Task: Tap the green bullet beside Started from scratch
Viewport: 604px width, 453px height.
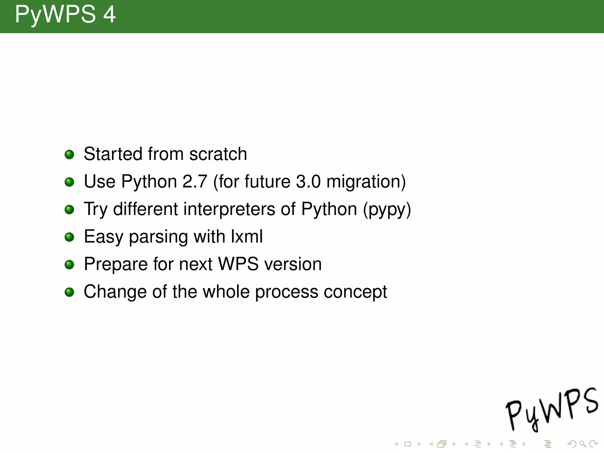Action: click(69, 154)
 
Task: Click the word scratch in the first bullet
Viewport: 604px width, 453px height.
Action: click(218, 154)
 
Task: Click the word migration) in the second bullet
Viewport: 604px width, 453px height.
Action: click(366, 182)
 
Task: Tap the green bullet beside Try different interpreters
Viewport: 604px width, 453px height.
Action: click(69, 210)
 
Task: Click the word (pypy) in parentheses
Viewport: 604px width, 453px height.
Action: click(387, 210)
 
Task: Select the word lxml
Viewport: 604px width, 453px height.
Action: click(247, 237)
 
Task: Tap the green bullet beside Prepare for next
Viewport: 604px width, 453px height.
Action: click(69, 265)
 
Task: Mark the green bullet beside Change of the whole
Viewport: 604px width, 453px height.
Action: click(69, 292)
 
